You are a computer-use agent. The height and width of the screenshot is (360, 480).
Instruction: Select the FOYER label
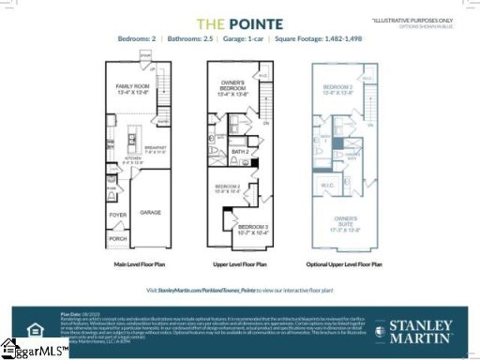118,213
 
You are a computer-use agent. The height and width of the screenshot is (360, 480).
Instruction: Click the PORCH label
117,237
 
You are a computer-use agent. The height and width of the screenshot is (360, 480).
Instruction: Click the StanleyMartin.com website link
207,292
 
